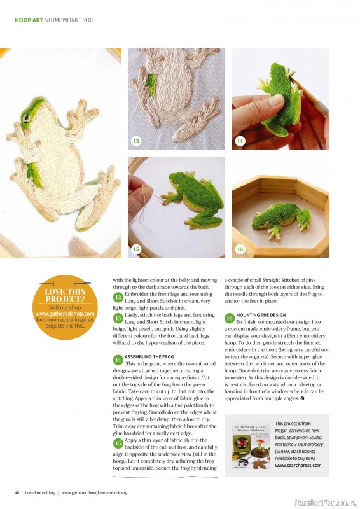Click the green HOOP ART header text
pyautogui.click(x=29, y=20)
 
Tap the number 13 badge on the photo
pyautogui.click(x=136, y=141)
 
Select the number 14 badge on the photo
pyautogui.click(x=240, y=141)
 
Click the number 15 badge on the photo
pyautogui.click(x=136, y=249)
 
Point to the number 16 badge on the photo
pyautogui.click(x=240, y=249)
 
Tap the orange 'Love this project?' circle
pyautogui.click(x=65, y=307)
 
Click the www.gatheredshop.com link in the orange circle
pyautogui.click(x=65, y=314)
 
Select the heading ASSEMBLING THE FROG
pyautogui.click(x=149, y=356)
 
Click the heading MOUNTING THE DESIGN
pyautogui.click(x=261, y=315)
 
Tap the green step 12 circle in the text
pyautogui.click(x=118, y=297)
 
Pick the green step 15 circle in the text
pyautogui.click(x=118, y=443)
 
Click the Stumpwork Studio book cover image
pyautogui.click(x=252, y=445)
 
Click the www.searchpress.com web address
pyautogui.click(x=298, y=465)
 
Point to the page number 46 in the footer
pyautogui.click(x=17, y=492)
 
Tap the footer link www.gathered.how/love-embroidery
pyautogui.click(x=94, y=492)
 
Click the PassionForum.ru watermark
pyautogui.click(x=326, y=503)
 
